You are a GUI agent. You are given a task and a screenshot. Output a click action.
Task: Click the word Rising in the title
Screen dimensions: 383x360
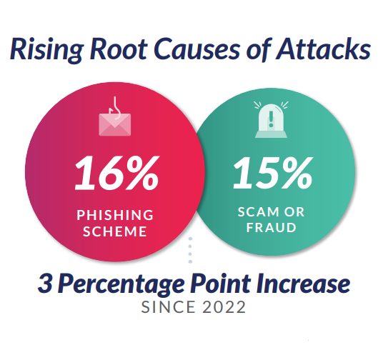coord(46,50)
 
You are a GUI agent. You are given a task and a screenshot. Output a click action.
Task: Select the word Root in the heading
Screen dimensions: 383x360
coord(119,49)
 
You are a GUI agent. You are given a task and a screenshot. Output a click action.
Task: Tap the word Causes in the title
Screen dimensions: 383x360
coord(197,49)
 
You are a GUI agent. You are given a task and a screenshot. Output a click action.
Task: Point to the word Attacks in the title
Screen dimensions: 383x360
coord(323,49)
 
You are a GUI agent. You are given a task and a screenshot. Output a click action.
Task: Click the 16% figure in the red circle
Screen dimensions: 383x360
coord(117,173)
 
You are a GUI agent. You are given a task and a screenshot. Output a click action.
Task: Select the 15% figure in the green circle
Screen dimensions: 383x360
coord(273,173)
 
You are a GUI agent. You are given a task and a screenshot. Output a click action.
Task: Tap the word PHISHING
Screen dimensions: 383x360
coord(115,215)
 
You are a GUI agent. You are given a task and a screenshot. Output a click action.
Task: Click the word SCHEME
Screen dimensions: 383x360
coord(115,231)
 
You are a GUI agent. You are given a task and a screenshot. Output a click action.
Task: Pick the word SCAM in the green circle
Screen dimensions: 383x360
coord(255,211)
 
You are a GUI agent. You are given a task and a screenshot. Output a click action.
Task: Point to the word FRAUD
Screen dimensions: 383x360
coord(271,228)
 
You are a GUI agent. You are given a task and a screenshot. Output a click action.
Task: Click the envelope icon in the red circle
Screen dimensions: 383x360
coord(115,124)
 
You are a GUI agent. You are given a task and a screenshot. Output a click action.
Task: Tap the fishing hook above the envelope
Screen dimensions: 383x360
coord(115,107)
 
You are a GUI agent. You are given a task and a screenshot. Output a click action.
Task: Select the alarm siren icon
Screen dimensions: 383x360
coord(271,120)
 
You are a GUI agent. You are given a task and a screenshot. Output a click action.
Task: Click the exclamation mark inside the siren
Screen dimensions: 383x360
coord(271,119)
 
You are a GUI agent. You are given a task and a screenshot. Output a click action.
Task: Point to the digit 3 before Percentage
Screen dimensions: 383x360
coord(45,283)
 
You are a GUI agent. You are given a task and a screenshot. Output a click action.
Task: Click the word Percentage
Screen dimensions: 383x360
coord(121,284)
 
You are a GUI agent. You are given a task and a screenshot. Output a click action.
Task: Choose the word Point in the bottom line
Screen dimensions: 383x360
coord(221,283)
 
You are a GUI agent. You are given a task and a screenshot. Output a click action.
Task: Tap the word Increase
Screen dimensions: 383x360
coord(303,283)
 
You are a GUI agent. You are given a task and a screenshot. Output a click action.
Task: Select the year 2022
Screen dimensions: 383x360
coord(224,307)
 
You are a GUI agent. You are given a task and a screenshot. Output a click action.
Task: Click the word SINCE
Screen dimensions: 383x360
coord(169,307)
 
